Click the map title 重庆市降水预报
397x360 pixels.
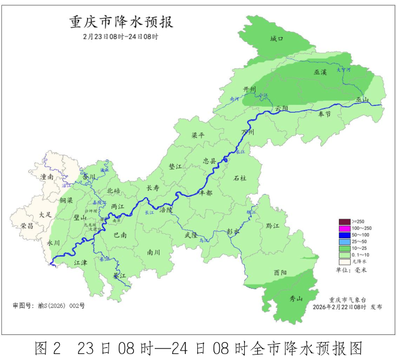point(121,22)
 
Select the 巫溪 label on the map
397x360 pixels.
point(320,72)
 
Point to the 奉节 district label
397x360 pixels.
point(324,113)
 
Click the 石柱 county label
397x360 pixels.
point(240,178)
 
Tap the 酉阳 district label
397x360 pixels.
point(280,272)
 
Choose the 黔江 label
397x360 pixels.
point(273,226)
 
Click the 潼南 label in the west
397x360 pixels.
point(47,177)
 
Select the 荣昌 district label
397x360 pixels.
point(27,226)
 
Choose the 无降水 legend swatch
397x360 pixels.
point(344,261)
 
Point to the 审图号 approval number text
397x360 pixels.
point(49,305)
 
